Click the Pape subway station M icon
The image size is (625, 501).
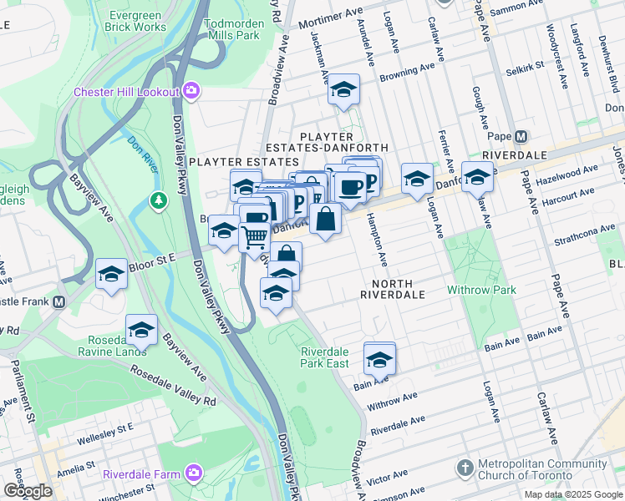click(521, 136)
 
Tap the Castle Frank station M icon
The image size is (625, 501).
click(58, 301)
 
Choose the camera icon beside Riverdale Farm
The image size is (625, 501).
click(194, 474)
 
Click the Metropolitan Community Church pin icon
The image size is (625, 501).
click(465, 466)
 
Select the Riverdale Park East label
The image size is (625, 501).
click(325, 357)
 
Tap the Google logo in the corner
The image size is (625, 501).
click(28, 491)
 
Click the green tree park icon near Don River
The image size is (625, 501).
click(158, 200)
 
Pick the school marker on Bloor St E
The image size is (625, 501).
click(111, 274)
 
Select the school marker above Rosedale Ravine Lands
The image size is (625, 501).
click(142, 328)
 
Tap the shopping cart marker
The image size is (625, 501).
click(255, 237)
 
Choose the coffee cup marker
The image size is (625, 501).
click(350, 187)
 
